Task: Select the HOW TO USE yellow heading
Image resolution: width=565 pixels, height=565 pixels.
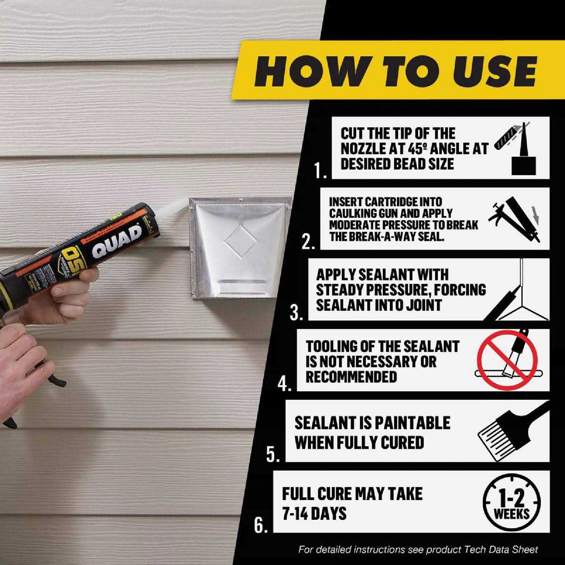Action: (x=395, y=71)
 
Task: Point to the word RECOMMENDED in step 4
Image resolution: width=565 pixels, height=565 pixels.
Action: (x=351, y=377)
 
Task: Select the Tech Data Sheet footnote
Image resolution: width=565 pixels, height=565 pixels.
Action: (x=418, y=549)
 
